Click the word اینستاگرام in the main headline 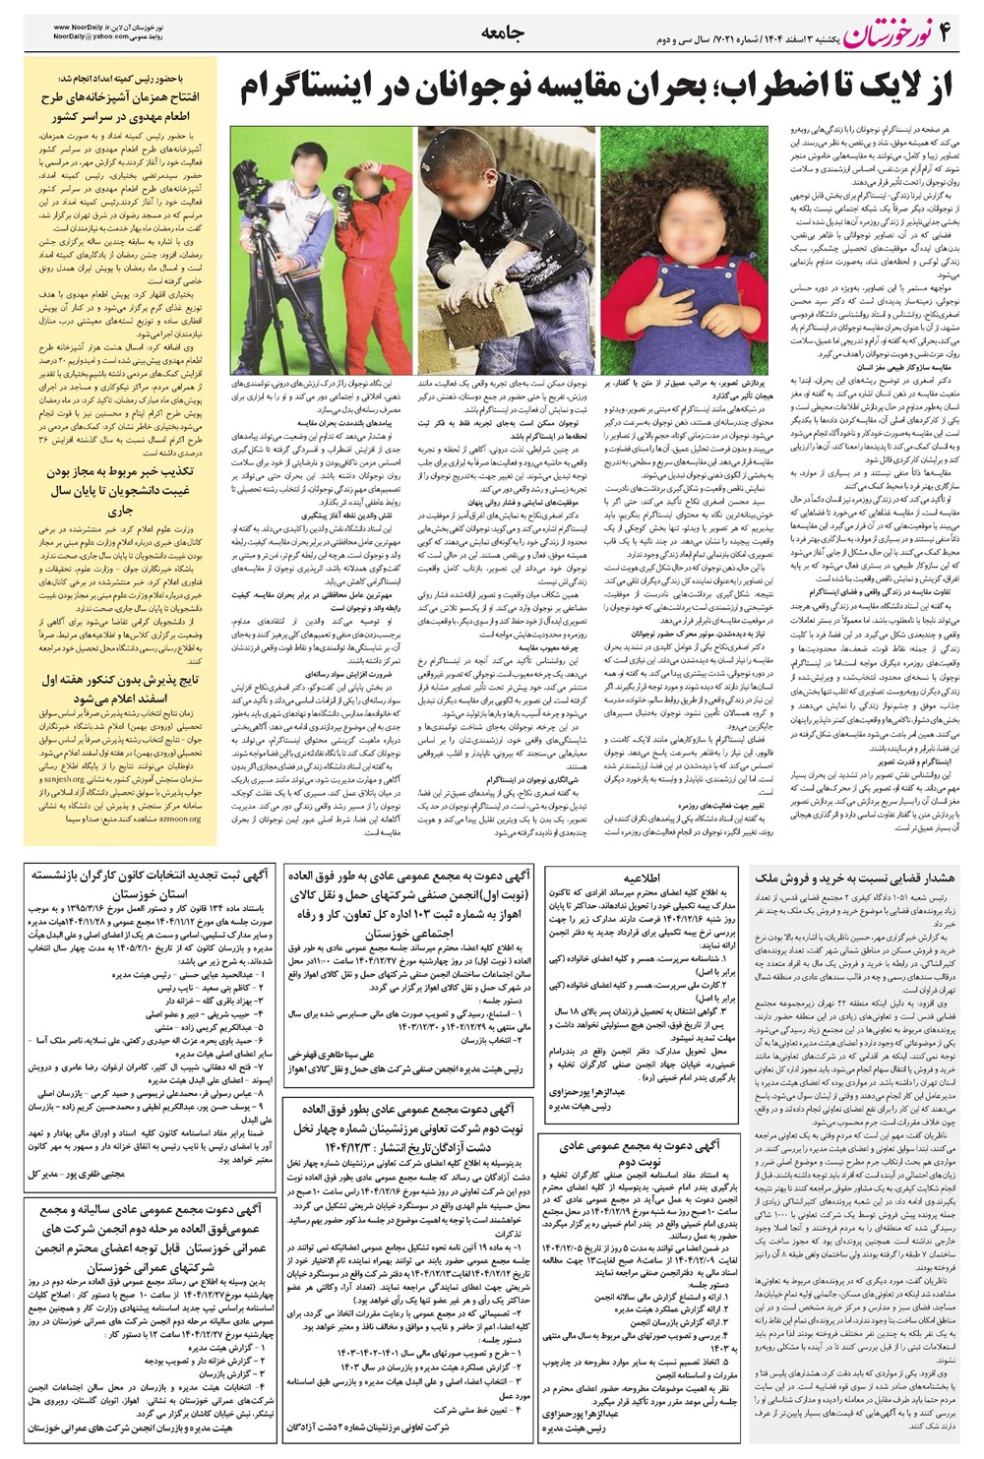(312, 91)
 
